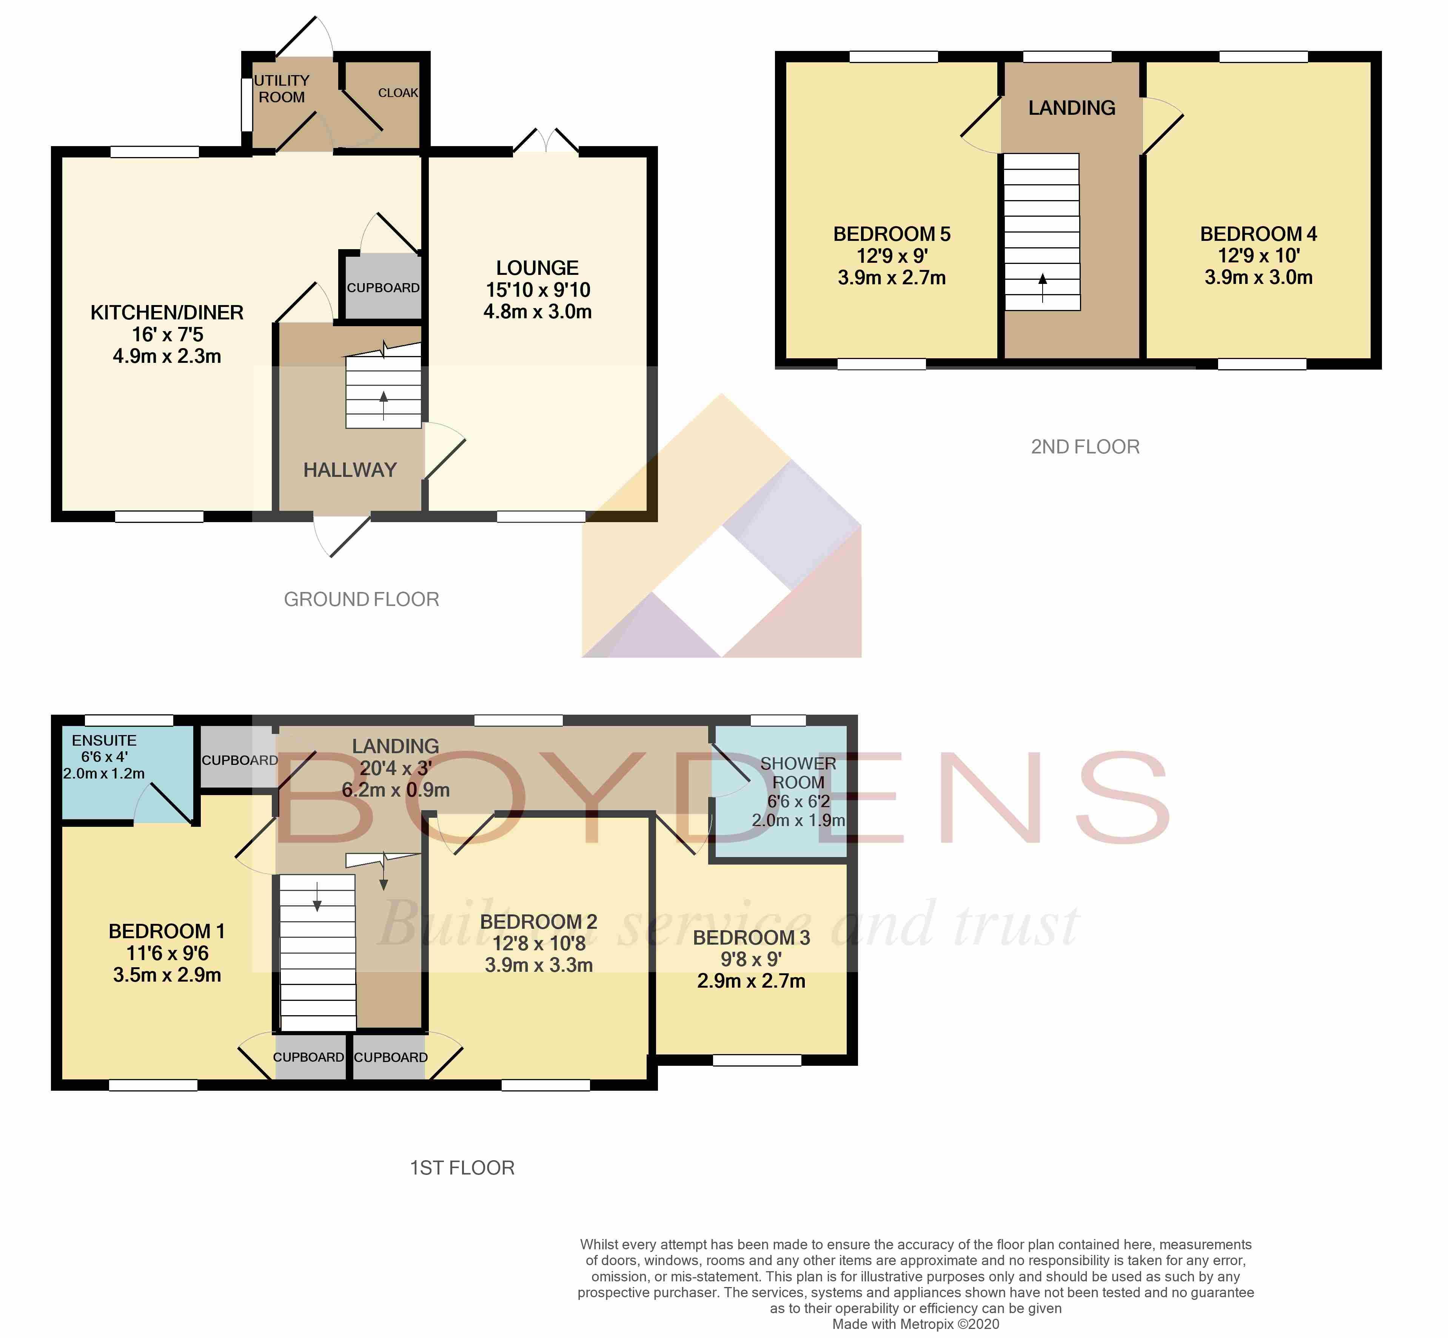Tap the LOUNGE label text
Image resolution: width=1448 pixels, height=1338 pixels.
coord(537,268)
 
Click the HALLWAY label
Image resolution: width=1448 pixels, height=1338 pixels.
coord(350,470)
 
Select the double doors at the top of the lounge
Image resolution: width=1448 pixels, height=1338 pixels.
coord(546,141)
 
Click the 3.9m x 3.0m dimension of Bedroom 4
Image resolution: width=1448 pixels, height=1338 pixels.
coord(1258,277)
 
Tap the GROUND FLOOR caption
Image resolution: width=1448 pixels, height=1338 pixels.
coord(361,600)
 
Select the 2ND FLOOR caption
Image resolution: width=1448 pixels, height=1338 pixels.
coord(1085,447)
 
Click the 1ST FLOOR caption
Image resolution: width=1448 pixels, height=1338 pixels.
coord(462,1168)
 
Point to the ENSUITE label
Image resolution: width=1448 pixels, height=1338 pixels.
coord(104,740)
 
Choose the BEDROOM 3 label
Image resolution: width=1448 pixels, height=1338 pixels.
coord(752,937)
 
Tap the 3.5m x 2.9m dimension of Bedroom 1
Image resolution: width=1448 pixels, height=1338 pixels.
coord(167,975)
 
